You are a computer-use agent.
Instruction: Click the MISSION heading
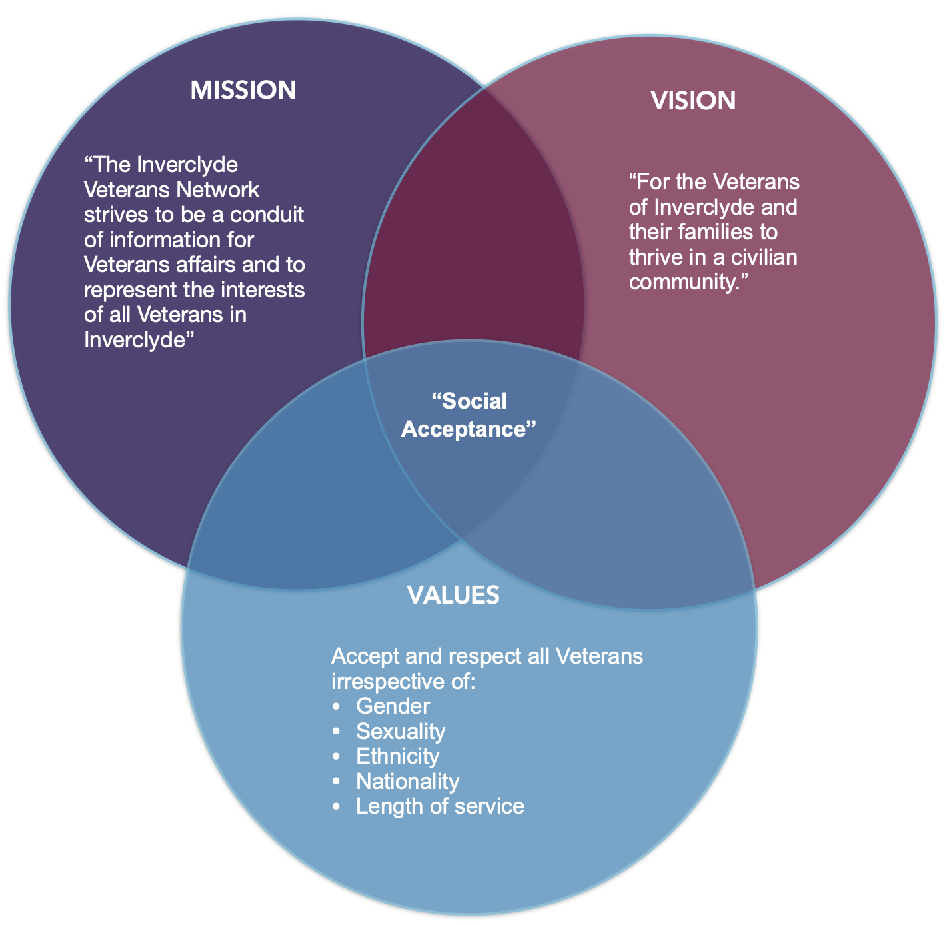click(x=243, y=90)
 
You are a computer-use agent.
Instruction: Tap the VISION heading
click(x=693, y=101)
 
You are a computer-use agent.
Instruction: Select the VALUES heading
click(x=453, y=595)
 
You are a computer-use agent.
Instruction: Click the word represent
click(x=131, y=290)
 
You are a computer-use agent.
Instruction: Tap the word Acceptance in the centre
click(x=469, y=429)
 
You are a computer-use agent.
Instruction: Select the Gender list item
click(x=393, y=706)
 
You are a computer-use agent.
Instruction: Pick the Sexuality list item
click(x=401, y=731)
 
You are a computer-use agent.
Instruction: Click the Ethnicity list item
click(x=398, y=756)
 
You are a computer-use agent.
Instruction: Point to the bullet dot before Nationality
click(x=336, y=782)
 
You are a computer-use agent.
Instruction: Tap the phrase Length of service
click(x=440, y=806)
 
